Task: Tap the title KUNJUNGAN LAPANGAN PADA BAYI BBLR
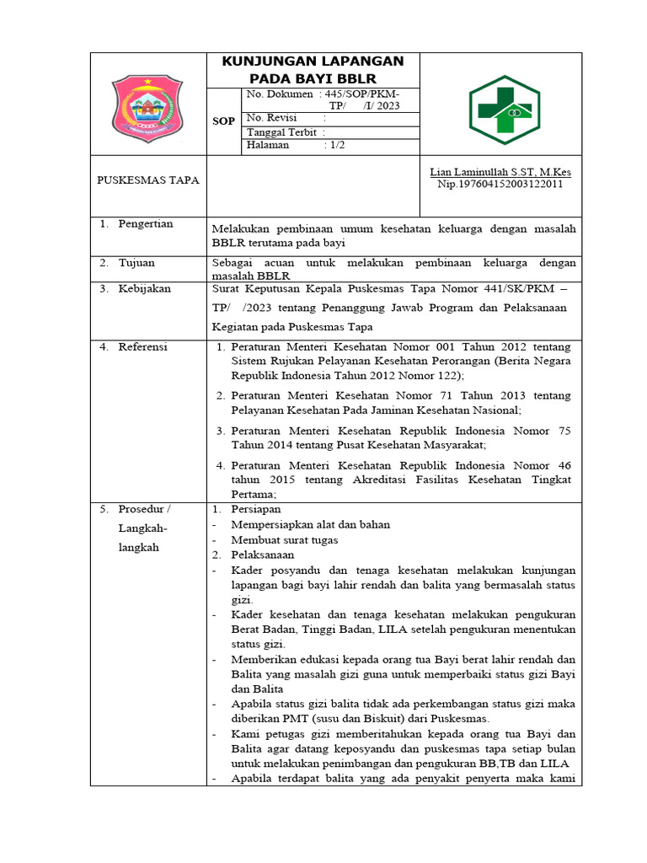(x=312, y=69)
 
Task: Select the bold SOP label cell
(x=223, y=121)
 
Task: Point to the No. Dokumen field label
(x=279, y=94)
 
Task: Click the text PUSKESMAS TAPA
(x=148, y=180)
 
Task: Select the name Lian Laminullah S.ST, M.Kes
(x=500, y=172)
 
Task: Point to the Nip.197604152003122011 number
(x=500, y=184)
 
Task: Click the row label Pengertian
(x=145, y=224)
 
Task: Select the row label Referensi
(x=142, y=346)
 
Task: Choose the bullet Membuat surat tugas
(x=285, y=539)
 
